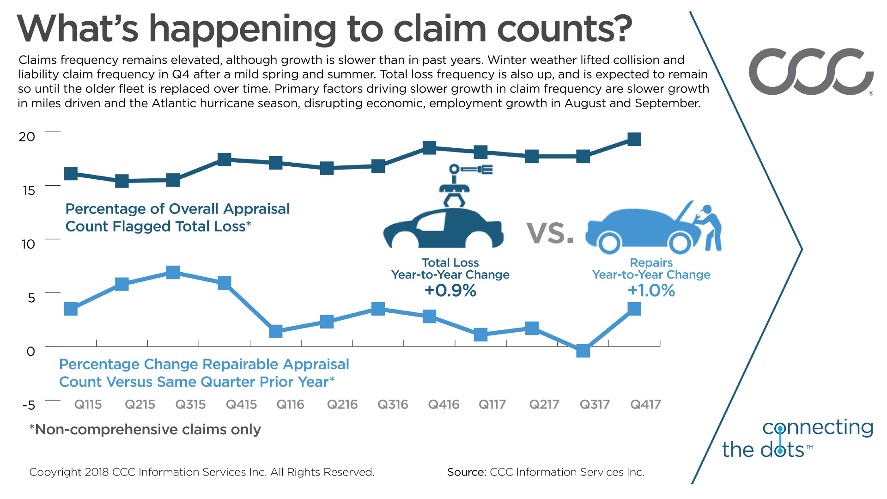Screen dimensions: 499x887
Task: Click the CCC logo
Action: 811,72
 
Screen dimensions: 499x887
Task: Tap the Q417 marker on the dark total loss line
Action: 634,139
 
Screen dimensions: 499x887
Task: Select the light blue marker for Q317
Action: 583,351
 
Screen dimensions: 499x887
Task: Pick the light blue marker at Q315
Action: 173,272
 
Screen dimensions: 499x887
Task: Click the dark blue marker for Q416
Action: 430,148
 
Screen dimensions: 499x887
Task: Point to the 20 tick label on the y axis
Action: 27,137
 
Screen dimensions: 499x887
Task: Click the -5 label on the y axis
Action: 29,405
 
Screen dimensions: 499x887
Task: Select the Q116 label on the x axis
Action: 290,405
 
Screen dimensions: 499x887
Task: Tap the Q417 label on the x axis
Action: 645,405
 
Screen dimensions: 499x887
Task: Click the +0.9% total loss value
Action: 450,291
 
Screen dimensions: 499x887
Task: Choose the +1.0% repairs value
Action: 651,291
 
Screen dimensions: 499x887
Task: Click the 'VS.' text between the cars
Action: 550,233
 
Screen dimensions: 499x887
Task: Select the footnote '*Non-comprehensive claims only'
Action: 145,430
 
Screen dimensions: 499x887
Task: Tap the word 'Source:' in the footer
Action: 467,472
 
